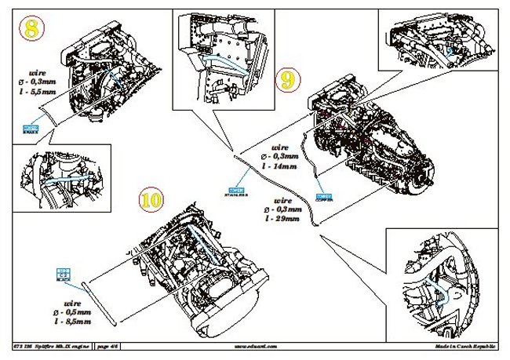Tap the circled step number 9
[x=288, y=79]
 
